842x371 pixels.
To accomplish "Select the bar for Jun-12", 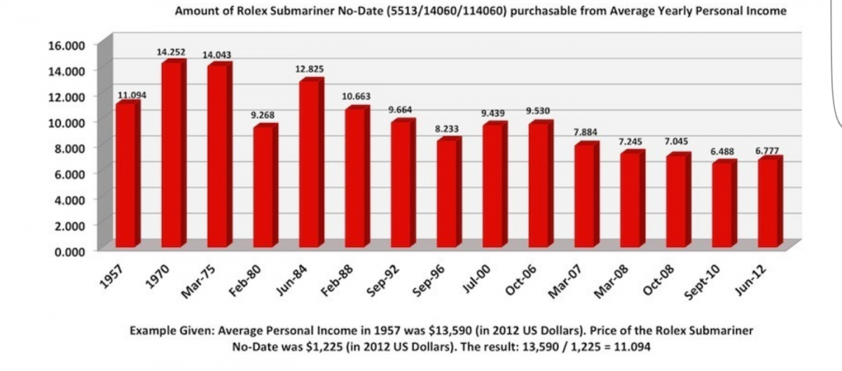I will coord(768,203).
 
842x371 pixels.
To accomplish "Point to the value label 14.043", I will coord(217,55).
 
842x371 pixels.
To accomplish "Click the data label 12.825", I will coord(309,70).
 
